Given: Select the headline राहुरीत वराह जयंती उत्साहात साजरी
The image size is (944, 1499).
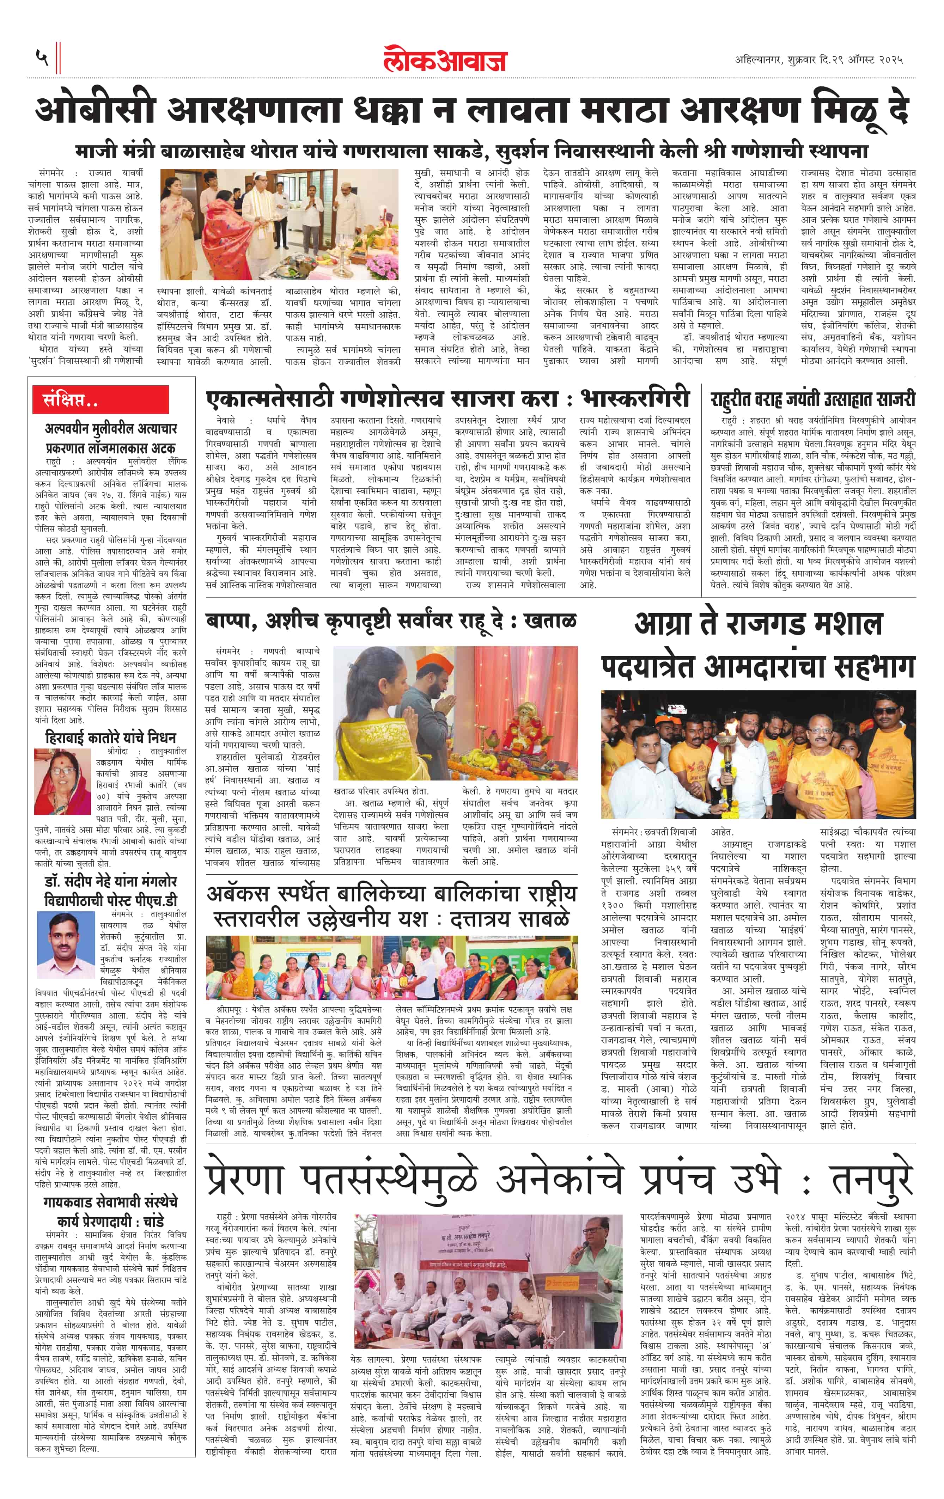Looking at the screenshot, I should click(x=812, y=398).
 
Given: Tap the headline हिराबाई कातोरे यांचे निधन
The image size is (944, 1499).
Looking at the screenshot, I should click(x=111, y=738).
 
